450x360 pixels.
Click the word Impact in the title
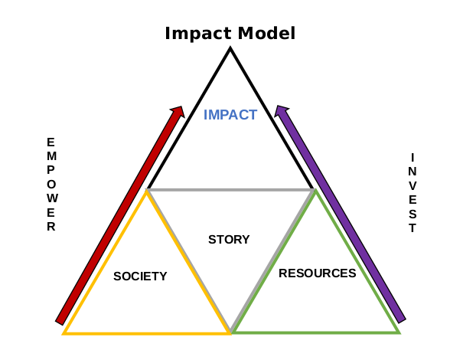(199, 34)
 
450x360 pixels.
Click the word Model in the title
(266, 33)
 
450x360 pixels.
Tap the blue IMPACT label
(230, 115)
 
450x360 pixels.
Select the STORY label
(229, 240)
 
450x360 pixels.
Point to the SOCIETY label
(140, 277)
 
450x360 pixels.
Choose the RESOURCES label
(317, 273)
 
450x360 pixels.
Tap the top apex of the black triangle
(230, 48)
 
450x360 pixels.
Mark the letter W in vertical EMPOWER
(52, 198)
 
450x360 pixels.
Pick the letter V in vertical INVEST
(412, 186)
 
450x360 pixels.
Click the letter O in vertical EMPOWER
(51, 184)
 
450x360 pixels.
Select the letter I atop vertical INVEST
(412, 158)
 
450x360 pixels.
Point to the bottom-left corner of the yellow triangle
(64, 334)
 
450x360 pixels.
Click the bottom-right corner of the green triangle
(399, 333)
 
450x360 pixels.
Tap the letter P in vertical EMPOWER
(51, 170)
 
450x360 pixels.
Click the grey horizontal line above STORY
(230, 190)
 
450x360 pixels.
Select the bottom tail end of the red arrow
(60, 323)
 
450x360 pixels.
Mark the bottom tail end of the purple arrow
(401, 321)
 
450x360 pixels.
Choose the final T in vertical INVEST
(412, 228)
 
